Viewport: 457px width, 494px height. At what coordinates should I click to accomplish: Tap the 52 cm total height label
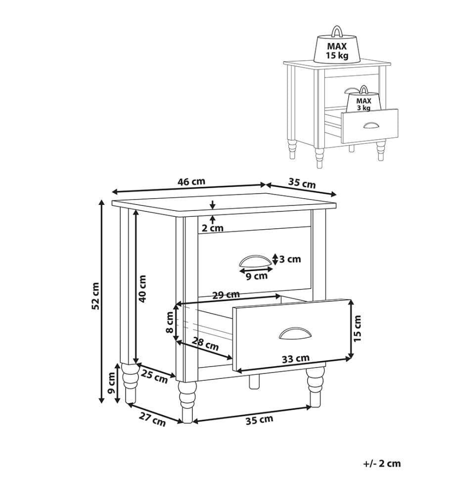95,296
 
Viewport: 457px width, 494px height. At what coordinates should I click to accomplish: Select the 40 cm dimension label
142,288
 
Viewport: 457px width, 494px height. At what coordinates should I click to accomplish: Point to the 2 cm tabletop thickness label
213,228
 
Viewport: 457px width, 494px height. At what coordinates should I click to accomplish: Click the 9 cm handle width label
256,276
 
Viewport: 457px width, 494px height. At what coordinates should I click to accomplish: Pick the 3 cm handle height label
290,259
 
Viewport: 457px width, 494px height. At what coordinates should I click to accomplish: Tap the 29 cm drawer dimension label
226,295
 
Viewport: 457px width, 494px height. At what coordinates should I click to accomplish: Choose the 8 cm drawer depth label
170,322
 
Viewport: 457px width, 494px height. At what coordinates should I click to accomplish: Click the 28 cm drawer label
205,344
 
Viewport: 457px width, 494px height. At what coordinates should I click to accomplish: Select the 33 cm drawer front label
296,359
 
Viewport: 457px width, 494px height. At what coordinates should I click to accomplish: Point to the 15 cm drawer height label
357,329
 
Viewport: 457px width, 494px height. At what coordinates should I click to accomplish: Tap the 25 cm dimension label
154,377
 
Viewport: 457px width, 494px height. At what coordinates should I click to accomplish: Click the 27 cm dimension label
152,420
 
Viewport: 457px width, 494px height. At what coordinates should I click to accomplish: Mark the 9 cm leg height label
111,383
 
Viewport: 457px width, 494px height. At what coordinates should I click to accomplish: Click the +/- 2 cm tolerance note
382,463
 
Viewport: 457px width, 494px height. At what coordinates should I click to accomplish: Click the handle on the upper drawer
255,261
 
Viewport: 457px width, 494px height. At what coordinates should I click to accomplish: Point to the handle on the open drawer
295,333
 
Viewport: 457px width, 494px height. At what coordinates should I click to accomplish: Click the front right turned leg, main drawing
315,387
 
